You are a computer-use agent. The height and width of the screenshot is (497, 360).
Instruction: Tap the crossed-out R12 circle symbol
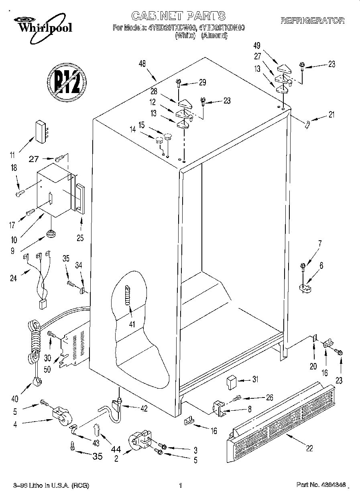(x=67, y=82)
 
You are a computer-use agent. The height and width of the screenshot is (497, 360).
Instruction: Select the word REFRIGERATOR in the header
(x=312, y=20)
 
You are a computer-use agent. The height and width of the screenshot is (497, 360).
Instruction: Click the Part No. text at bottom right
(x=320, y=485)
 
